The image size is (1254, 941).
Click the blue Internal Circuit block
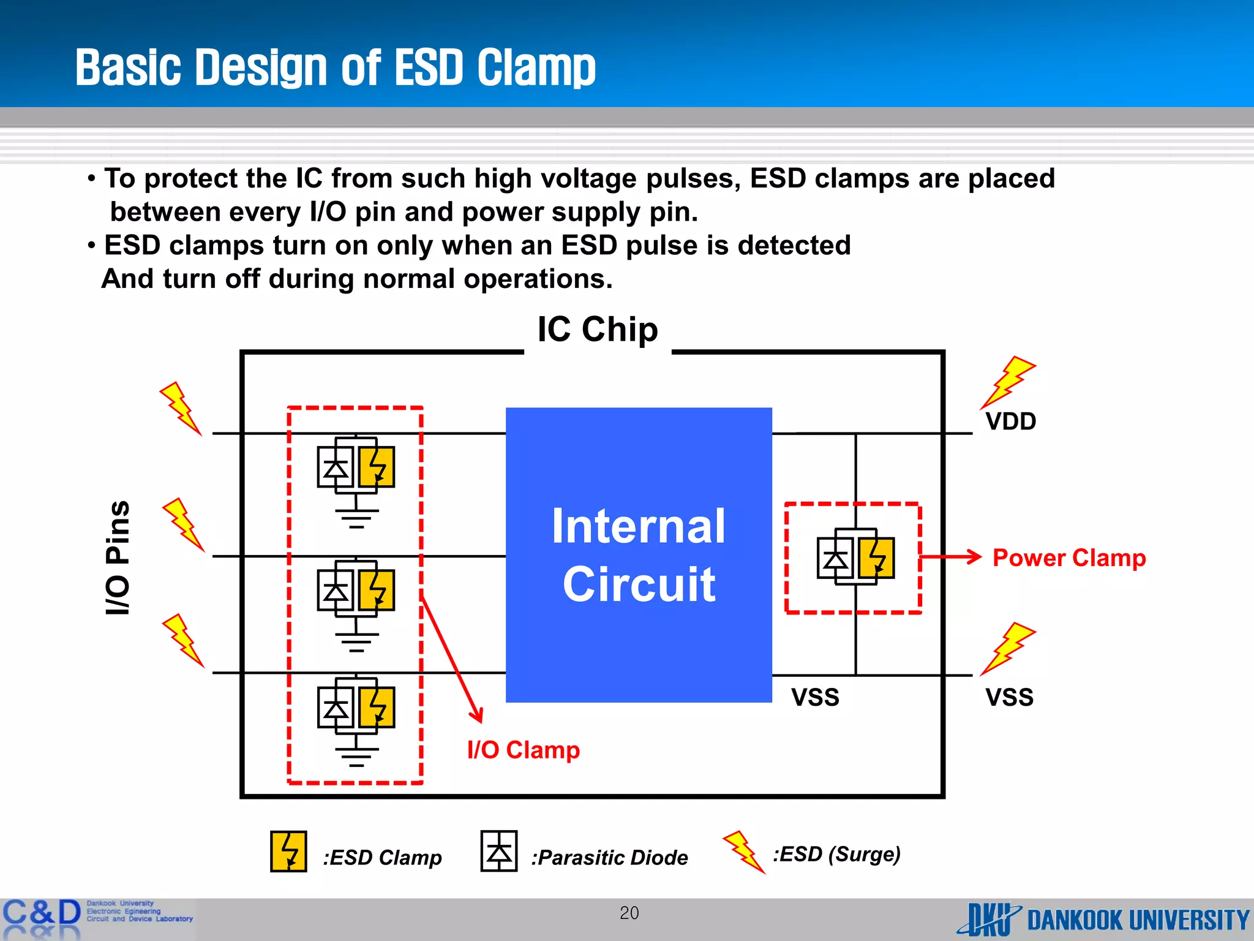tap(638, 554)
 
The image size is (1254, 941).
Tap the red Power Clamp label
tap(1068, 558)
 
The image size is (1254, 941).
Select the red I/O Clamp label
tap(523, 750)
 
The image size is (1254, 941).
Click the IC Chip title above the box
tap(598, 330)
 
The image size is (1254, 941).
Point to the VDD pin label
tap(1010, 421)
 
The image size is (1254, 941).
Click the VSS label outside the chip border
tap(1009, 697)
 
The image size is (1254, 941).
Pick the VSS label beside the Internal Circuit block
tap(815, 697)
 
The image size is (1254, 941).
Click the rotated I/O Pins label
tap(118, 558)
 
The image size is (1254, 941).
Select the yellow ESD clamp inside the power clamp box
tap(876, 558)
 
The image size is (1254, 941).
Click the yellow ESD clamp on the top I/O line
tap(377, 467)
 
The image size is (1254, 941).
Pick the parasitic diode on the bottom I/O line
tap(336, 708)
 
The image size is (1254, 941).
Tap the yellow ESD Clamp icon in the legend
tap(288, 852)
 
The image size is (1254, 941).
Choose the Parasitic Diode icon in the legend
tap(499, 851)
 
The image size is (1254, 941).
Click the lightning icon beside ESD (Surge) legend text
tap(743, 852)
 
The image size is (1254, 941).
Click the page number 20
tap(629, 913)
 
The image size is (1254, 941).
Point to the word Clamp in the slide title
tap(536, 67)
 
